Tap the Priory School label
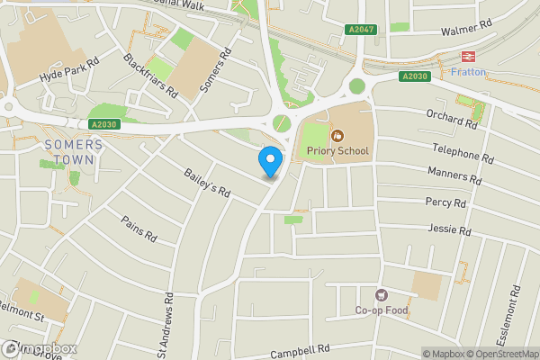[337, 150]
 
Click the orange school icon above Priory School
[337, 136]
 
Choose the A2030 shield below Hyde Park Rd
[103, 125]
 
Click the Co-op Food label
[381, 312]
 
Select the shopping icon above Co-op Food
[381, 295]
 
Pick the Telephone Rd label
[463, 150]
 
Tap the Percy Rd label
[447, 202]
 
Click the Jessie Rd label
[451, 231]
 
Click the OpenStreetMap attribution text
[499, 354]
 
